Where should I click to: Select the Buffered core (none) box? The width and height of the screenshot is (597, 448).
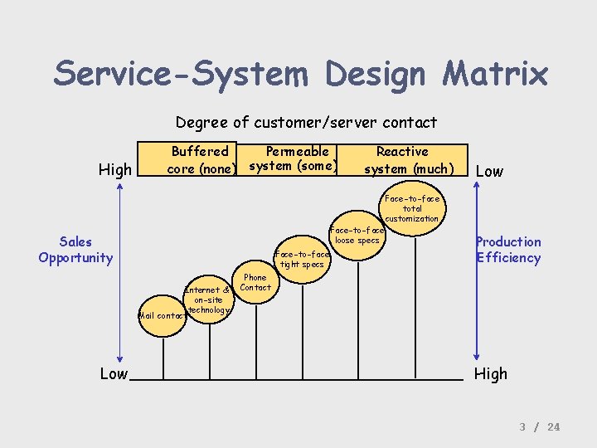point(199,160)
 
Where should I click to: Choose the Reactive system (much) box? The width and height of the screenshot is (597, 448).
point(402,160)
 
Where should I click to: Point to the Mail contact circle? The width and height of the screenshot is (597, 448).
point(163,316)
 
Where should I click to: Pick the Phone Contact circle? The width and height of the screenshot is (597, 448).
point(255,282)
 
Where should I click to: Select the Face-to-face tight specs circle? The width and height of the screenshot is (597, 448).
point(301,260)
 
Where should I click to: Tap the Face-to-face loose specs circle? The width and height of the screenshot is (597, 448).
point(357,235)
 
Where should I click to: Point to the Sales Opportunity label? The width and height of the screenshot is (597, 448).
point(75,250)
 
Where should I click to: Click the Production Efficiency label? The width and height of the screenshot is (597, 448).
point(507,250)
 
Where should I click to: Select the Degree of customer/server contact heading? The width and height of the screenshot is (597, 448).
point(306,123)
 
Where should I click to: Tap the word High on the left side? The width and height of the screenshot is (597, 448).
point(115,170)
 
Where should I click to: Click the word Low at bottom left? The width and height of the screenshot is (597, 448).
point(114,374)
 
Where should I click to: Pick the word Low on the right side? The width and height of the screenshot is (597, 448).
point(489,171)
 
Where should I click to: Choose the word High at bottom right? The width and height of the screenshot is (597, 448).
point(490,374)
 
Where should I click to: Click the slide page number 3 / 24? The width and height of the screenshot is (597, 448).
point(540,426)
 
